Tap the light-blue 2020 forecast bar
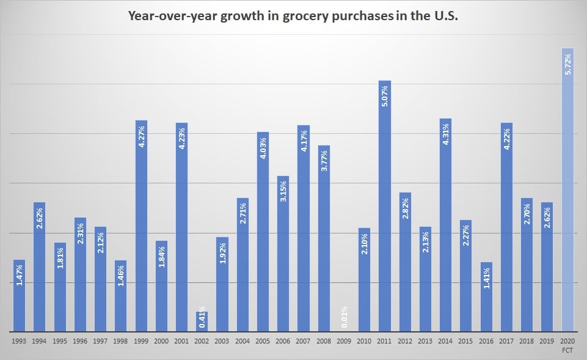[x=567, y=189]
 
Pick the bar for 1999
[x=141, y=226]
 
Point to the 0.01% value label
[x=345, y=317]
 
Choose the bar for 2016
[x=486, y=297]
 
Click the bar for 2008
[x=324, y=238]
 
